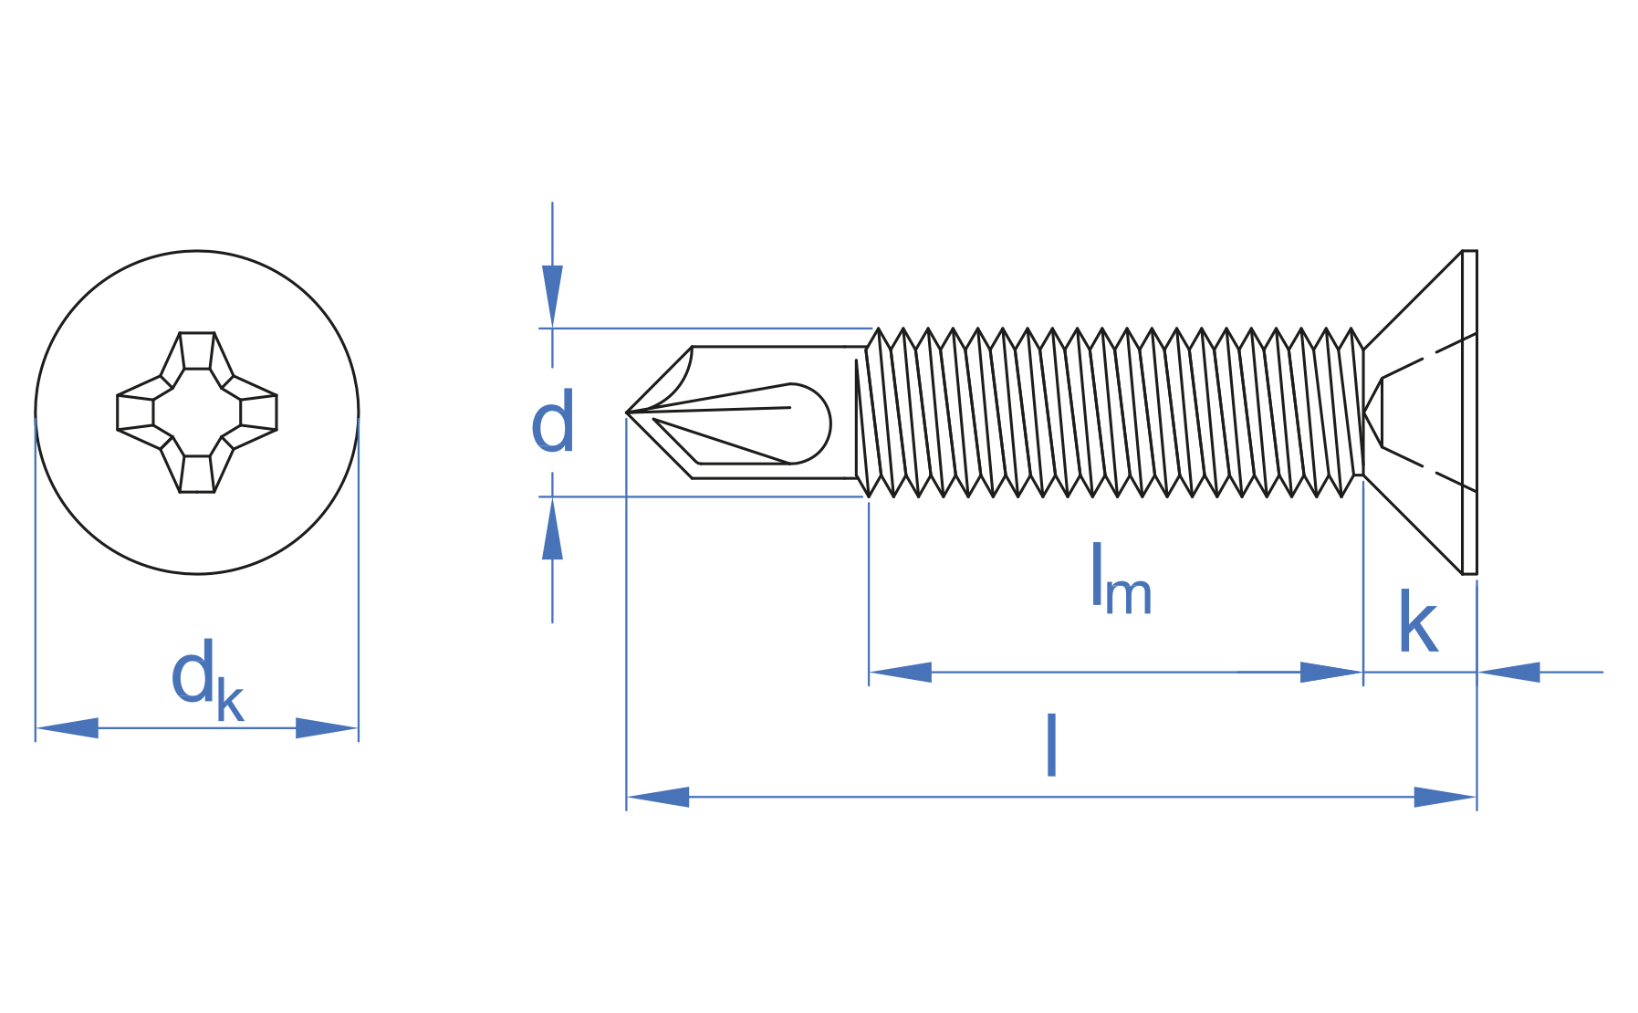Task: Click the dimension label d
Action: [x=553, y=422]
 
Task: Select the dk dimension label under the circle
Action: [x=207, y=680]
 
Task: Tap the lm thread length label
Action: [x=1122, y=579]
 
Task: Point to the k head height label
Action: [x=1418, y=621]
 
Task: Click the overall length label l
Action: [x=1051, y=746]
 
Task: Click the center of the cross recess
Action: [x=197, y=413]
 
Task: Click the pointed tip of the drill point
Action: [x=627, y=413]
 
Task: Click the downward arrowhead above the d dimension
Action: [x=552, y=296]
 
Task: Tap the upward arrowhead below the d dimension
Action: [x=552, y=528]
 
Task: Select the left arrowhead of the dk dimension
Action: [x=67, y=728]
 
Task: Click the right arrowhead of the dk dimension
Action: [x=327, y=728]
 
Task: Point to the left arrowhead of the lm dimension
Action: [x=901, y=673]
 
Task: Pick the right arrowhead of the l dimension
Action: [x=1445, y=797]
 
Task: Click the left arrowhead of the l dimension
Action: [x=658, y=797]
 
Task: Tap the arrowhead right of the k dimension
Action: [x=1508, y=673]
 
